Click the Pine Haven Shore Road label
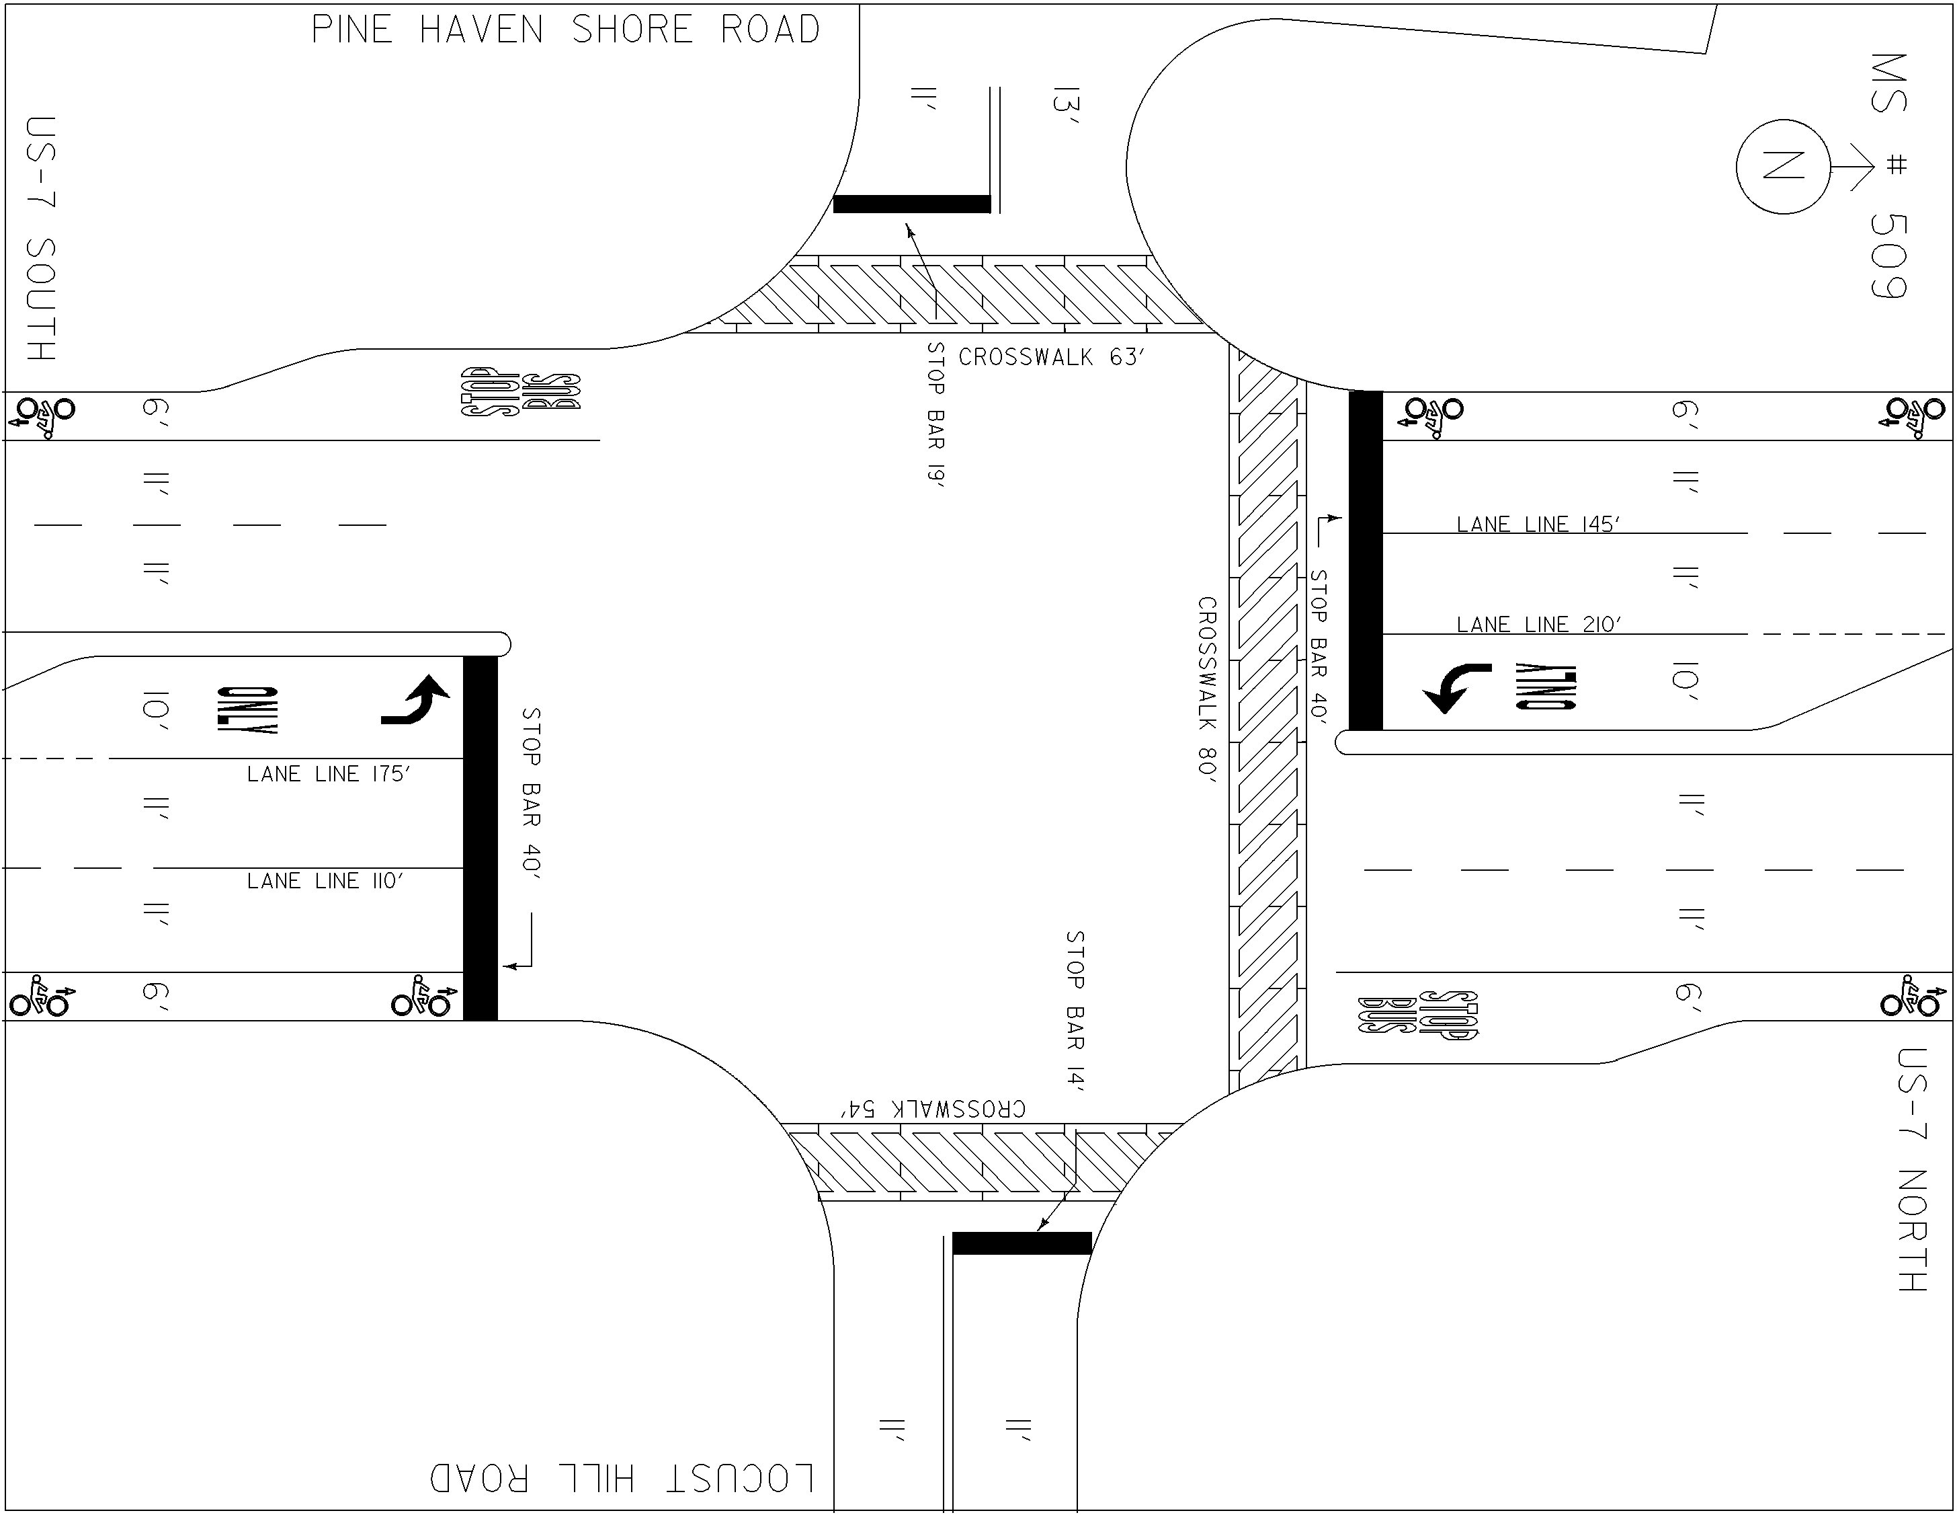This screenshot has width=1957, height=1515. point(565,30)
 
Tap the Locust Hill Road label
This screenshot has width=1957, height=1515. point(622,1478)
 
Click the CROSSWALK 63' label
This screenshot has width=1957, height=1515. point(1052,357)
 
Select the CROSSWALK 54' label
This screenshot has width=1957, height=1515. point(932,1109)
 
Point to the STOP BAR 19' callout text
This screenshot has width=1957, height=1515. point(935,414)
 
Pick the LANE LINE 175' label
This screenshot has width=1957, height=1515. point(329,773)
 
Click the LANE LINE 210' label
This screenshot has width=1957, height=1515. point(1538,624)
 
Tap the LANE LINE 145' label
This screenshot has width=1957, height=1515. point(1538,524)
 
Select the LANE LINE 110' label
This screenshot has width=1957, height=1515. point(325,880)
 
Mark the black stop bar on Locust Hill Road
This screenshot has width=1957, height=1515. point(1022,1243)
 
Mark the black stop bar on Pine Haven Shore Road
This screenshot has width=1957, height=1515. point(912,204)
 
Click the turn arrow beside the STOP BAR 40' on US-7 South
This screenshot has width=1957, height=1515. point(413,700)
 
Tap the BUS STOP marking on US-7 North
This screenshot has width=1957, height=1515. point(1417,1015)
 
